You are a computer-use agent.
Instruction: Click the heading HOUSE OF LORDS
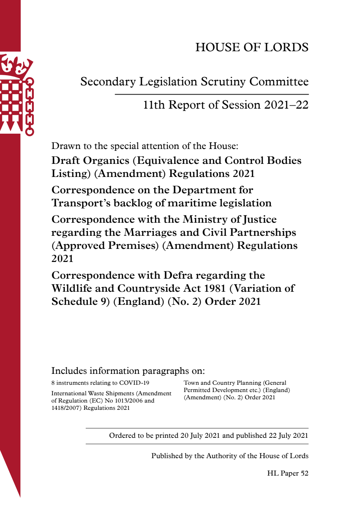coord(252,47)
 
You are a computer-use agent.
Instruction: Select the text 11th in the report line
coord(154,105)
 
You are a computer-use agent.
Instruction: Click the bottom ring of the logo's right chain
coord(29,131)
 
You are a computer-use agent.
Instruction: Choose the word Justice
coord(260,219)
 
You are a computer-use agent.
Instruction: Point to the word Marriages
coord(150,233)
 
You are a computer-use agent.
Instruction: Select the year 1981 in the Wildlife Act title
coord(215,288)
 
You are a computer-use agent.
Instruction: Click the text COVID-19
coord(134,383)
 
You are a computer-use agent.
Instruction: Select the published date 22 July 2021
coord(288,436)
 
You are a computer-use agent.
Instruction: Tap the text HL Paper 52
coord(287,473)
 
